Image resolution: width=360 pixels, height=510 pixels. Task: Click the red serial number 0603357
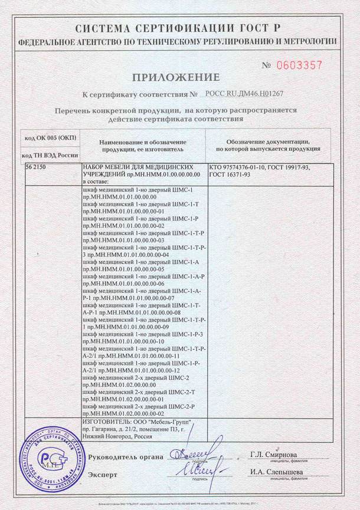[299, 65]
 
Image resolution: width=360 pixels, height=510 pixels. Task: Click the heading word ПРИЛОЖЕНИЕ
[176, 77]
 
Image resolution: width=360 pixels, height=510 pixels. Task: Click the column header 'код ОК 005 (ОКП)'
[51, 138]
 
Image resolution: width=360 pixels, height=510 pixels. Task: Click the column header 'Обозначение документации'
[268, 142]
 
